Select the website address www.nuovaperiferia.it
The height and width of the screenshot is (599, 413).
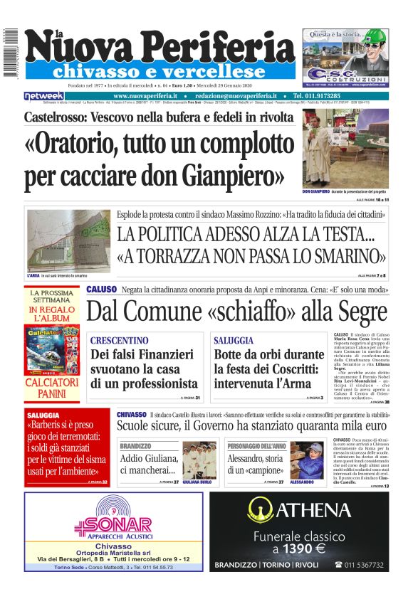145,96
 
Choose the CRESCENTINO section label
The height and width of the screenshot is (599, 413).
120,341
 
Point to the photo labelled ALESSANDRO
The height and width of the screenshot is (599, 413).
307,460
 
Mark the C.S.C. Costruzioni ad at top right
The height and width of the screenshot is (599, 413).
345,56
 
